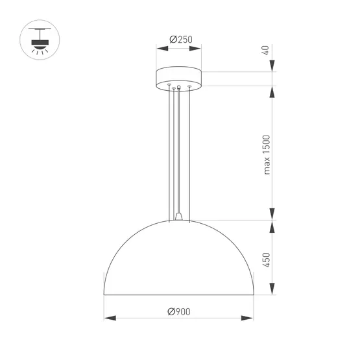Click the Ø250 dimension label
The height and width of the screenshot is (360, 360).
pos(178,39)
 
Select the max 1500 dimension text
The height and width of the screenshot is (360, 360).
pos(266,154)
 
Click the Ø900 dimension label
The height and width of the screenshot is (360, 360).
pos(178,311)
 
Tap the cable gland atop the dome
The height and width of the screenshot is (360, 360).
pos(178,217)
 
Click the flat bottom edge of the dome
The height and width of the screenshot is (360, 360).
pos(178,294)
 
